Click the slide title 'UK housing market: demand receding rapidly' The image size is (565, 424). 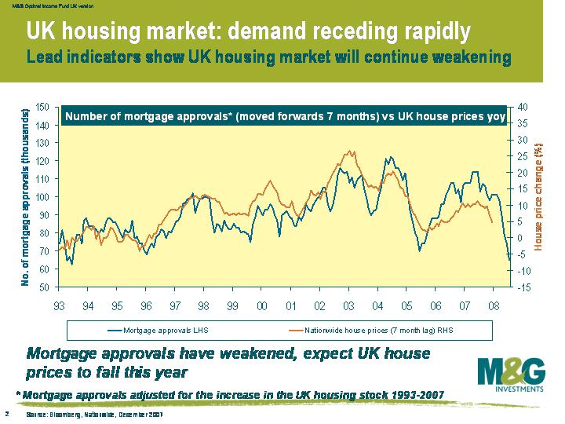[249, 31]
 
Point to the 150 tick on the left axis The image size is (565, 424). [43, 107]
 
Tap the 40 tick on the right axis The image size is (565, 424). [523, 107]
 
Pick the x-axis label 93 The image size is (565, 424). [59, 305]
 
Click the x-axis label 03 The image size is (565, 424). [348, 305]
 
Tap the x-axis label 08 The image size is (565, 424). [494, 305]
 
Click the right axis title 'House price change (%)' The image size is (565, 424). [539, 196]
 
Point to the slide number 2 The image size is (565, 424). [6, 414]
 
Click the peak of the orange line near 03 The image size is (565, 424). [348, 151]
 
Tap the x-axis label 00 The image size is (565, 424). [261, 305]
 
